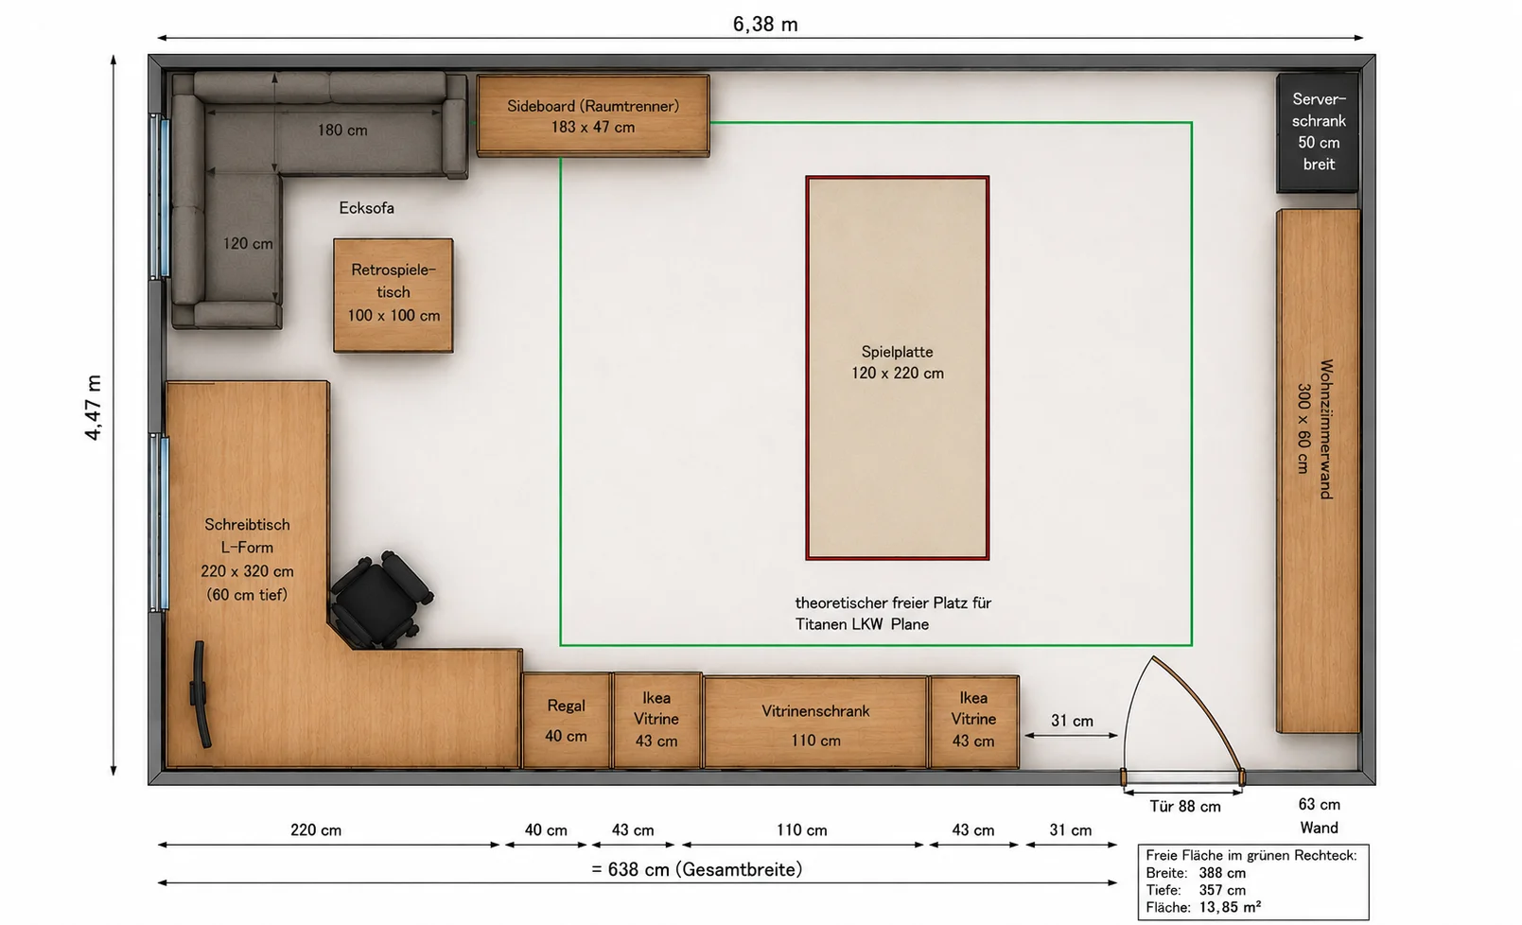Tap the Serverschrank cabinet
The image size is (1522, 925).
coord(1318,132)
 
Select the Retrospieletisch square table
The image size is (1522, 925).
coord(393,295)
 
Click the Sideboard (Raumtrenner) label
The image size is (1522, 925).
coord(592,106)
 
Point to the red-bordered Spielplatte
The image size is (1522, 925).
coord(897,368)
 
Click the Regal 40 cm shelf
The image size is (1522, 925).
coord(566,721)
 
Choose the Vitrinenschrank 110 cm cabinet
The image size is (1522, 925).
coord(815,722)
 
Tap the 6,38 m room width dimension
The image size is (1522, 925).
coord(765,25)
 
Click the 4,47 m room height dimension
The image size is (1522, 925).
coord(93,408)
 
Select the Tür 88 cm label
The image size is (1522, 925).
coord(1185,806)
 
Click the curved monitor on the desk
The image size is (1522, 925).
coord(199,694)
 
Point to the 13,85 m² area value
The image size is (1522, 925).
coord(1230,907)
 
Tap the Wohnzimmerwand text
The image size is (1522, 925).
coord(1325,429)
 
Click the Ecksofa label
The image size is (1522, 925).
coord(366,208)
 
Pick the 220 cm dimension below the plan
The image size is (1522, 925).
coord(316,829)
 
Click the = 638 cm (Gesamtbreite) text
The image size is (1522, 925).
coord(696,869)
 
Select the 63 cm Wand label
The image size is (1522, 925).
coord(1319,815)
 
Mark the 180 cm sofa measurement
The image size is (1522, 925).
coord(342,130)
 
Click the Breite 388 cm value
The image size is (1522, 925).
coord(1222,873)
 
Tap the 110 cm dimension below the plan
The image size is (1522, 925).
coord(802,829)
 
